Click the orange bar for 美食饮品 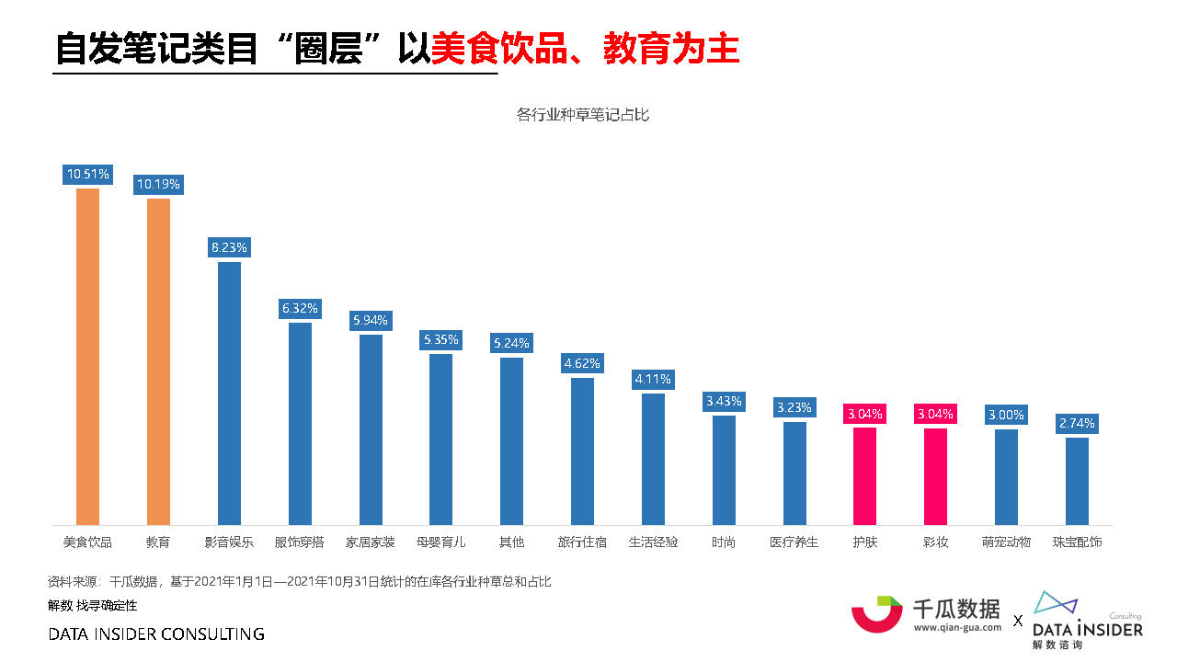(x=87, y=357)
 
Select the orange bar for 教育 (x=158, y=361)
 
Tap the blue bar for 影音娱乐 (x=229, y=394)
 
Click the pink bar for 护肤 (x=864, y=476)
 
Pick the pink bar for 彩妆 (x=935, y=476)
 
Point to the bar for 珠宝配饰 (x=1077, y=481)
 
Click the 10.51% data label (x=88, y=174)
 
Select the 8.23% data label (x=229, y=247)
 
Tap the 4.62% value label (x=582, y=363)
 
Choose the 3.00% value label (x=1006, y=415)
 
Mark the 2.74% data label (x=1077, y=423)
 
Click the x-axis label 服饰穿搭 (x=300, y=542)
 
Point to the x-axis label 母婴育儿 (x=441, y=542)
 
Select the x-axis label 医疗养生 (x=794, y=542)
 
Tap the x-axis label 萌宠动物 (x=1006, y=542)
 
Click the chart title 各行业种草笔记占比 (x=583, y=115)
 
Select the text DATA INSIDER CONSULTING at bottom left (x=156, y=634)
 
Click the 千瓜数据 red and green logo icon (x=876, y=613)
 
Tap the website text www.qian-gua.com (x=957, y=628)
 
